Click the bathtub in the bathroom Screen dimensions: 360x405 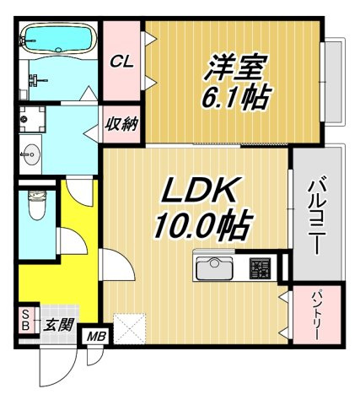[x=58, y=39]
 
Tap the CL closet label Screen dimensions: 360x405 [x=121, y=62]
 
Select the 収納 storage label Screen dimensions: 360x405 [x=121, y=124]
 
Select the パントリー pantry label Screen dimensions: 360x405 [x=316, y=316]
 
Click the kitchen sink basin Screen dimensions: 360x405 [x=214, y=269]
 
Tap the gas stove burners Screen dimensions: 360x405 [x=260, y=268]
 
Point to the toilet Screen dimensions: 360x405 [x=37, y=205]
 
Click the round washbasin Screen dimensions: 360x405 [x=31, y=154]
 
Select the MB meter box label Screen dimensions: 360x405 [x=96, y=337]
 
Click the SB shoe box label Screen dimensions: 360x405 [x=25, y=320]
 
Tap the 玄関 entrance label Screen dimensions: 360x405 [x=60, y=325]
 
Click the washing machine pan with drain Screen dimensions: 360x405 [x=32, y=119]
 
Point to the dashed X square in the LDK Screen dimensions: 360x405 [x=130, y=328]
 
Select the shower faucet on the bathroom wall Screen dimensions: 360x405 [x=38, y=79]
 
